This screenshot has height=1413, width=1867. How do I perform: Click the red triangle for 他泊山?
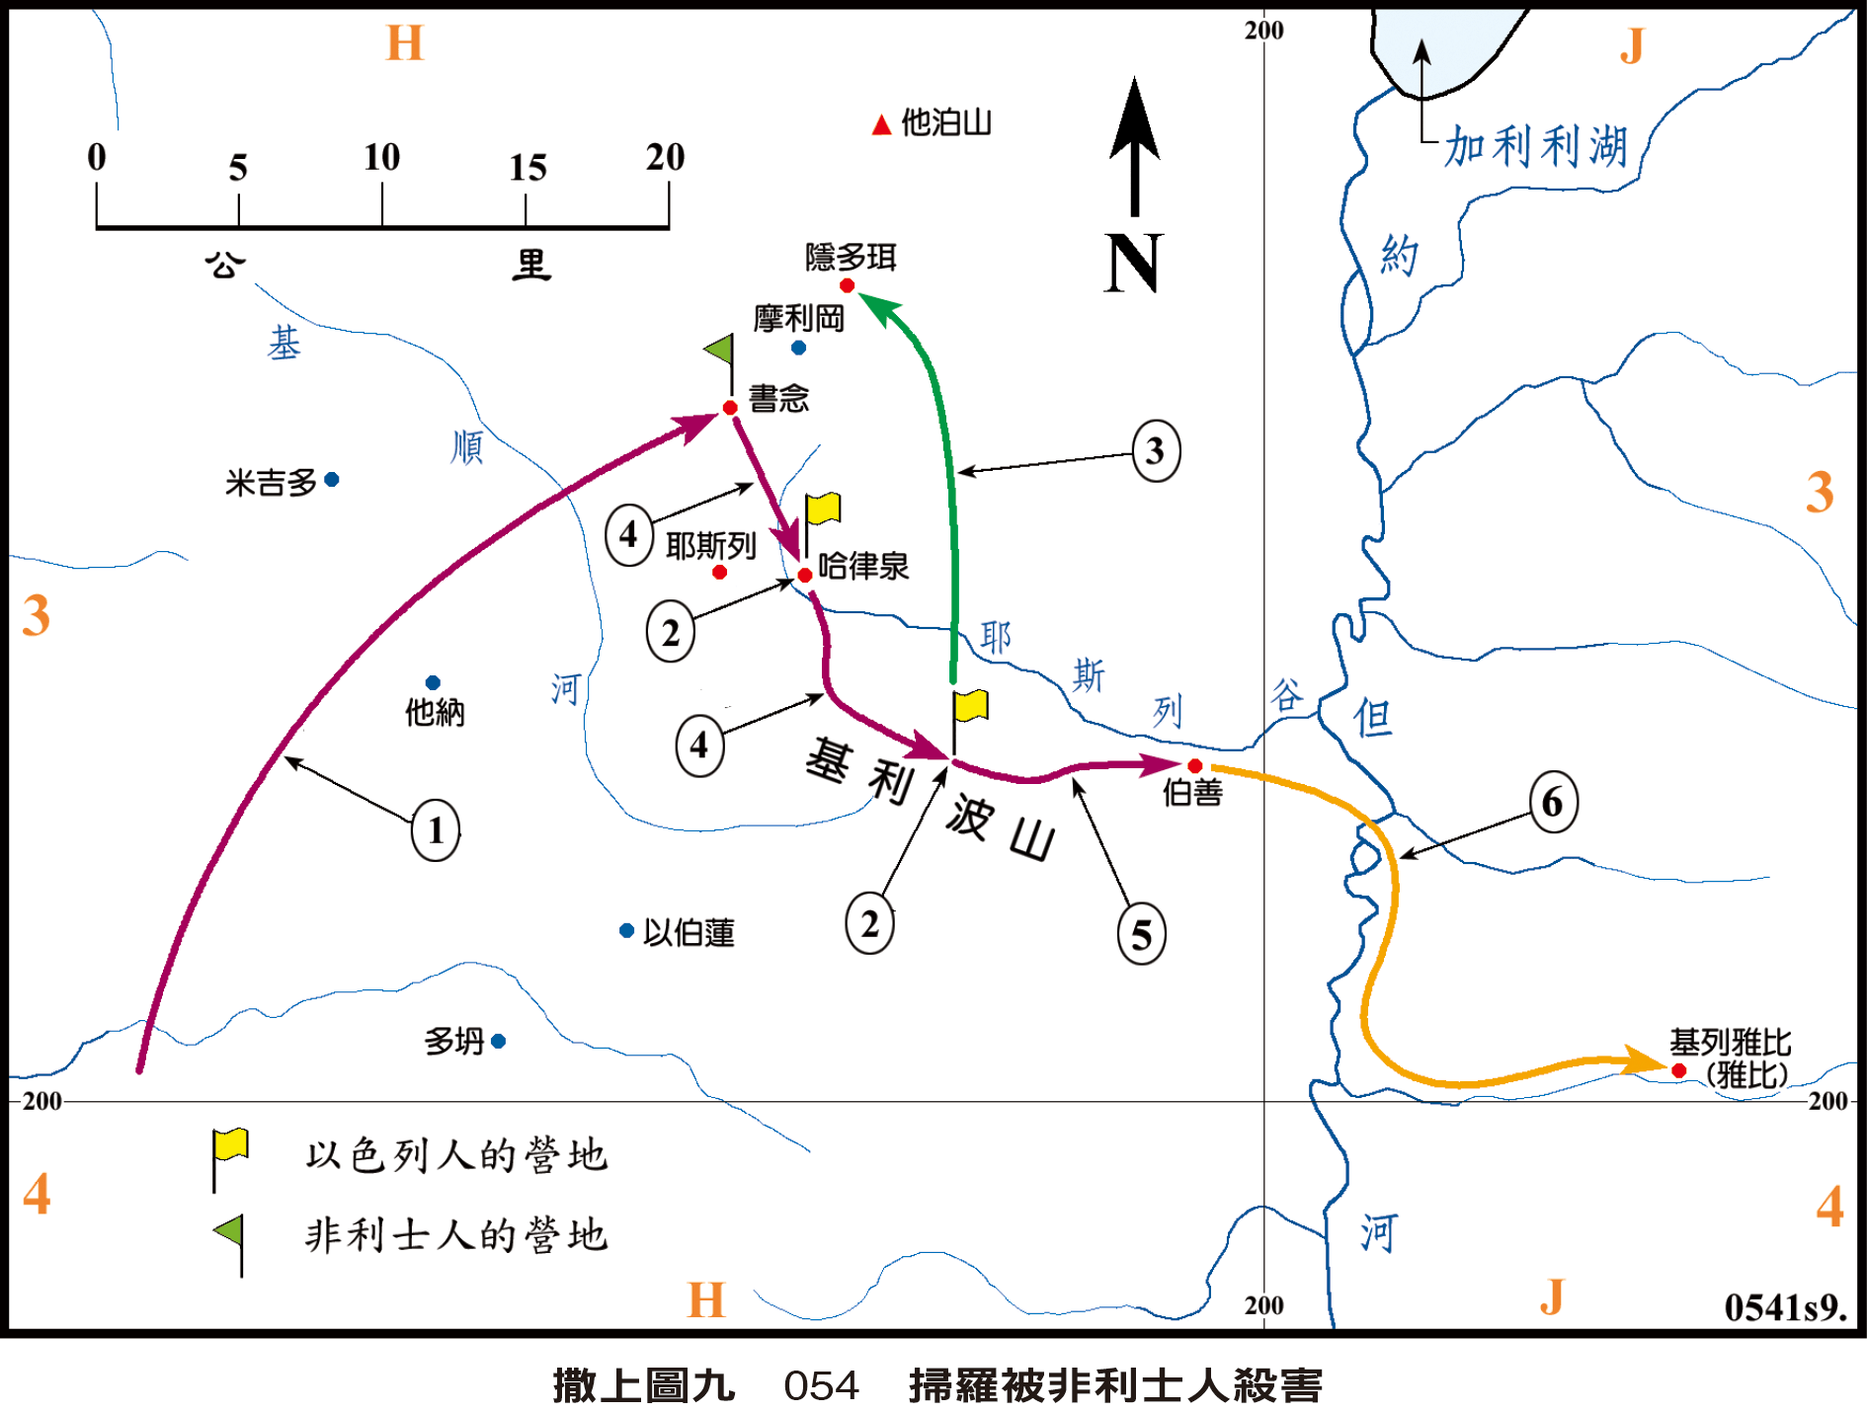[881, 124]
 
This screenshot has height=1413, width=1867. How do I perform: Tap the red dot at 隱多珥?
[847, 285]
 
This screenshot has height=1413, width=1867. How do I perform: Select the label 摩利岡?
[798, 318]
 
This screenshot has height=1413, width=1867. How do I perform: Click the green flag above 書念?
[720, 350]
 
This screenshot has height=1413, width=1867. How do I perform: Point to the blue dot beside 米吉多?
[332, 480]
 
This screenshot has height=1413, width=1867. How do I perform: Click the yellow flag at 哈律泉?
[823, 510]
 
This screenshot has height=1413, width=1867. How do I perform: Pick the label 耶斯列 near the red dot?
[710, 545]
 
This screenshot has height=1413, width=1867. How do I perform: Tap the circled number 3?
[1155, 451]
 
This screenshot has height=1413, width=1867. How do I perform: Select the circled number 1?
[436, 830]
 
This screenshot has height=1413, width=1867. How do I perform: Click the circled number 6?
[1553, 802]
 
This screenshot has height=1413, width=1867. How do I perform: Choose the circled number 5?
[1141, 934]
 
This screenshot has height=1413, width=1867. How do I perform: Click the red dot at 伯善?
[1194, 765]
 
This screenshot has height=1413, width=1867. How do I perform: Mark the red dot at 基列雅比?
[1678, 1070]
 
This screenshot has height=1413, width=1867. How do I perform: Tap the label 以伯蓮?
[689, 932]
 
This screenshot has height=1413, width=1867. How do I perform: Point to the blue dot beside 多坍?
[498, 1041]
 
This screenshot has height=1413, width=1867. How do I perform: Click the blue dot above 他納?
[433, 682]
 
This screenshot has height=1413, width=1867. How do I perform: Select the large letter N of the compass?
[1133, 264]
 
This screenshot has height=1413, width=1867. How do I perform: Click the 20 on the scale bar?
[665, 157]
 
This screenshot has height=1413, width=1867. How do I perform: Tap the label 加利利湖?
[1535, 147]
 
